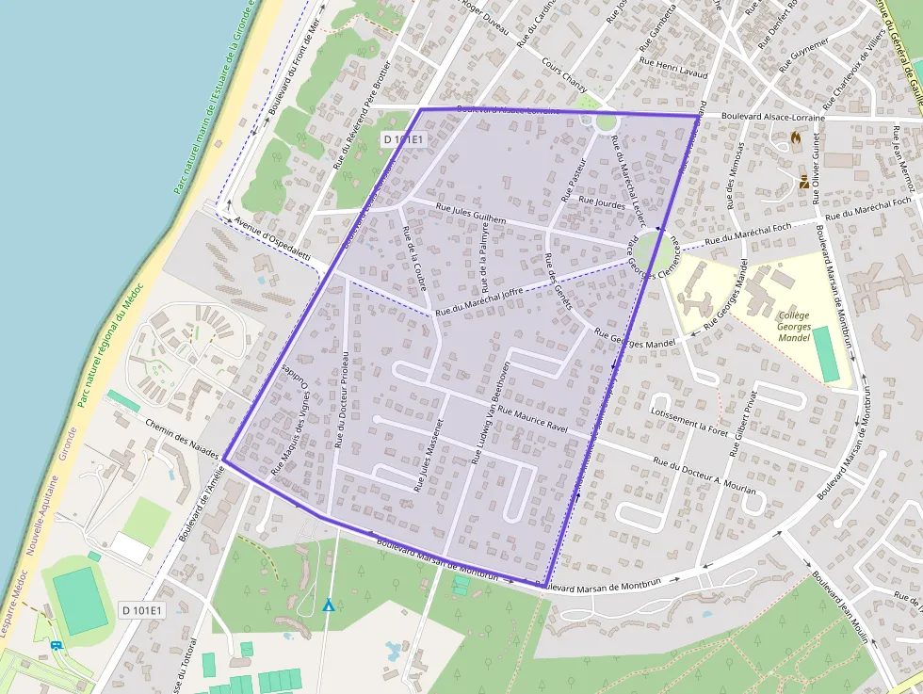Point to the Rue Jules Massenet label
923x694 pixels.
(427, 454)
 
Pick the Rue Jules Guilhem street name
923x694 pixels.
(471, 214)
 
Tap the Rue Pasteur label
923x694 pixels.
(574, 180)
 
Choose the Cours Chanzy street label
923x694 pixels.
(565, 75)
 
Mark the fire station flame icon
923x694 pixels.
(796, 137)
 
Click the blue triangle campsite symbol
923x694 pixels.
(328, 605)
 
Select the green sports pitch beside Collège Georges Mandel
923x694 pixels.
(827, 354)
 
